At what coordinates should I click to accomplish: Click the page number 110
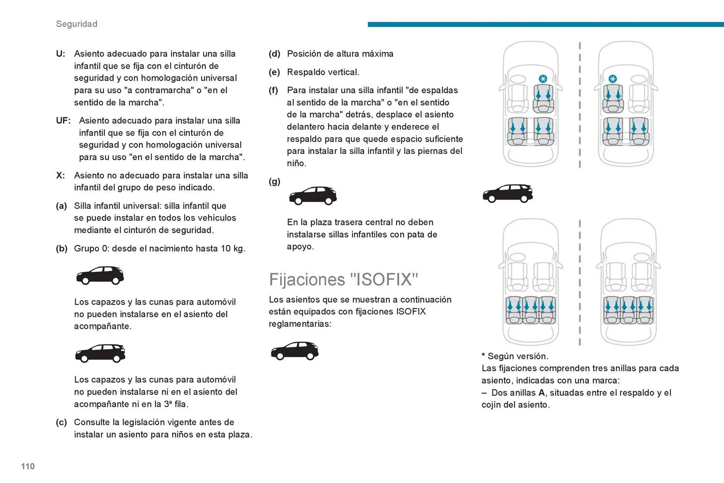click(28, 466)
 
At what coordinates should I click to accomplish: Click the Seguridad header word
click(77, 24)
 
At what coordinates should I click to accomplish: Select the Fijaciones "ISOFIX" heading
click(343, 279)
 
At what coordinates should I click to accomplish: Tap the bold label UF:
click(63, 121)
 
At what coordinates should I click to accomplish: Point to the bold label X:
click(60, 175)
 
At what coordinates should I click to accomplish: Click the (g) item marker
click(274, 181)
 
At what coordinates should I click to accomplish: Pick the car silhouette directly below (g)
click(313, 195)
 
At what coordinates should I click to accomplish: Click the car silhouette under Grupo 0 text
click(100, 275)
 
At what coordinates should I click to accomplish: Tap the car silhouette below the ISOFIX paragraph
click(295, 351)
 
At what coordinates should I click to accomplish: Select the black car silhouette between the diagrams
click(508, 193)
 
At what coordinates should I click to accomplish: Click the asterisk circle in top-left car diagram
click(543, 79)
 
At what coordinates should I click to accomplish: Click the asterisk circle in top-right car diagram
click(612, 79)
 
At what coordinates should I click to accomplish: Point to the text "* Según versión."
click(515, 356)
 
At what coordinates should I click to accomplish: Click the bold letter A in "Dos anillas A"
click(541, 393)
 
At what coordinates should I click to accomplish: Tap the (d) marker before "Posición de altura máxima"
click(274, 54)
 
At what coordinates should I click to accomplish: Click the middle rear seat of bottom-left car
click(531, 310)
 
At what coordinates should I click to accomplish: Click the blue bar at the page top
click(545, 25)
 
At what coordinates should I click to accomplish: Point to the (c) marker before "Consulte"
click(61, 422)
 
